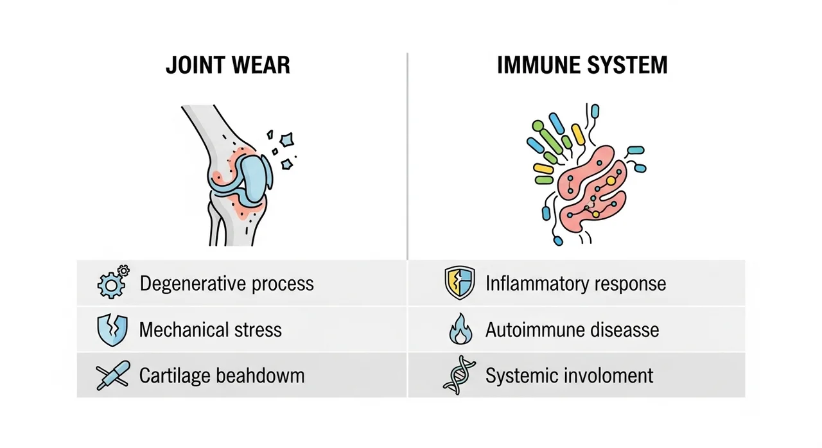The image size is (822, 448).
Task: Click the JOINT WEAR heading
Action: (x=228, y=65)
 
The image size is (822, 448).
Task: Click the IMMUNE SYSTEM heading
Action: (x=582, y=65)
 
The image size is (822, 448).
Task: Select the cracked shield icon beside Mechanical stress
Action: (x=112, y=330)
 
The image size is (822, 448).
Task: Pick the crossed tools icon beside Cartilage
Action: (x=112, y=375)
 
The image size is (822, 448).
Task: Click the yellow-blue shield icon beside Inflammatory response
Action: (x=460, y=282)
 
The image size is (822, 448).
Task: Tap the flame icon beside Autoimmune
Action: (x=461, y=329)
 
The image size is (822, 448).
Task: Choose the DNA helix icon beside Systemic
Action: (x=459, y=375)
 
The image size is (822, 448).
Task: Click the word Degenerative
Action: (x=193, y=284)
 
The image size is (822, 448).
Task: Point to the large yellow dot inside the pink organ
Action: (x=611, y=181)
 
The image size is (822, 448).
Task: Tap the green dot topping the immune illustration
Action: (x=538, y=126)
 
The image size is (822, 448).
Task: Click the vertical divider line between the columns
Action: (x=407, y=157)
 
